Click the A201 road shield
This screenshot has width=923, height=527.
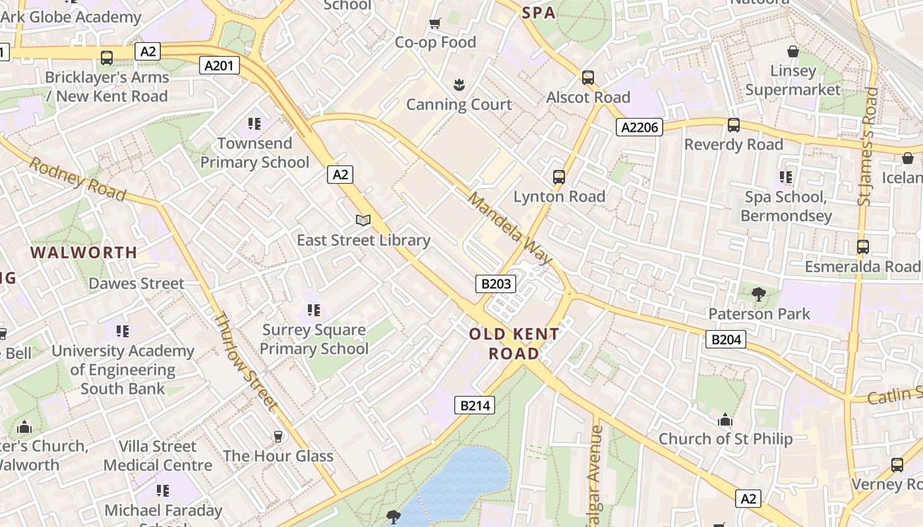click(x=220, y=65)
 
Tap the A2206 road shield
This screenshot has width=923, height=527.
click(x=640, y=127)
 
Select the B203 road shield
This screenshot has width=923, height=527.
click(x=496, y=284)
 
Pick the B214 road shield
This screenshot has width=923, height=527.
click(x=475, y=405)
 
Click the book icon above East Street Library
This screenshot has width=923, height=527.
click(x=363, y=220)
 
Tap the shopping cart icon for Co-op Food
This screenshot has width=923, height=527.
click(x=435, y=24)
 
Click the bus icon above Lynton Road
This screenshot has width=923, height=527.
click(x=559, y=177)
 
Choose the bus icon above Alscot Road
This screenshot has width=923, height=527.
click(x=588, y=77)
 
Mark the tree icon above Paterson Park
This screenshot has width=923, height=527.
click(x=759, y=294)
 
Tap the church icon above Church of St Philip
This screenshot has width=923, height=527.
click(x=725, y=420)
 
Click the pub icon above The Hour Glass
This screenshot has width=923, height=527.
click(x=278, y=436)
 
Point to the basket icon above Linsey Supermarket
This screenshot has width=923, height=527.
click(x=793, y=51)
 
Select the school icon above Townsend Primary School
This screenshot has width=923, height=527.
click(x=254, y=123)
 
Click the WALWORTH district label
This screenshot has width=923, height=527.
click(x=84, y=252)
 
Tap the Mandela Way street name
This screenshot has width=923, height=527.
click(x=510, y=229)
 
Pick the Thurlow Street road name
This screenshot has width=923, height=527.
click(x=245, y=361)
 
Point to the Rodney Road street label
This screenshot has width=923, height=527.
click(x=78, y=179)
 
